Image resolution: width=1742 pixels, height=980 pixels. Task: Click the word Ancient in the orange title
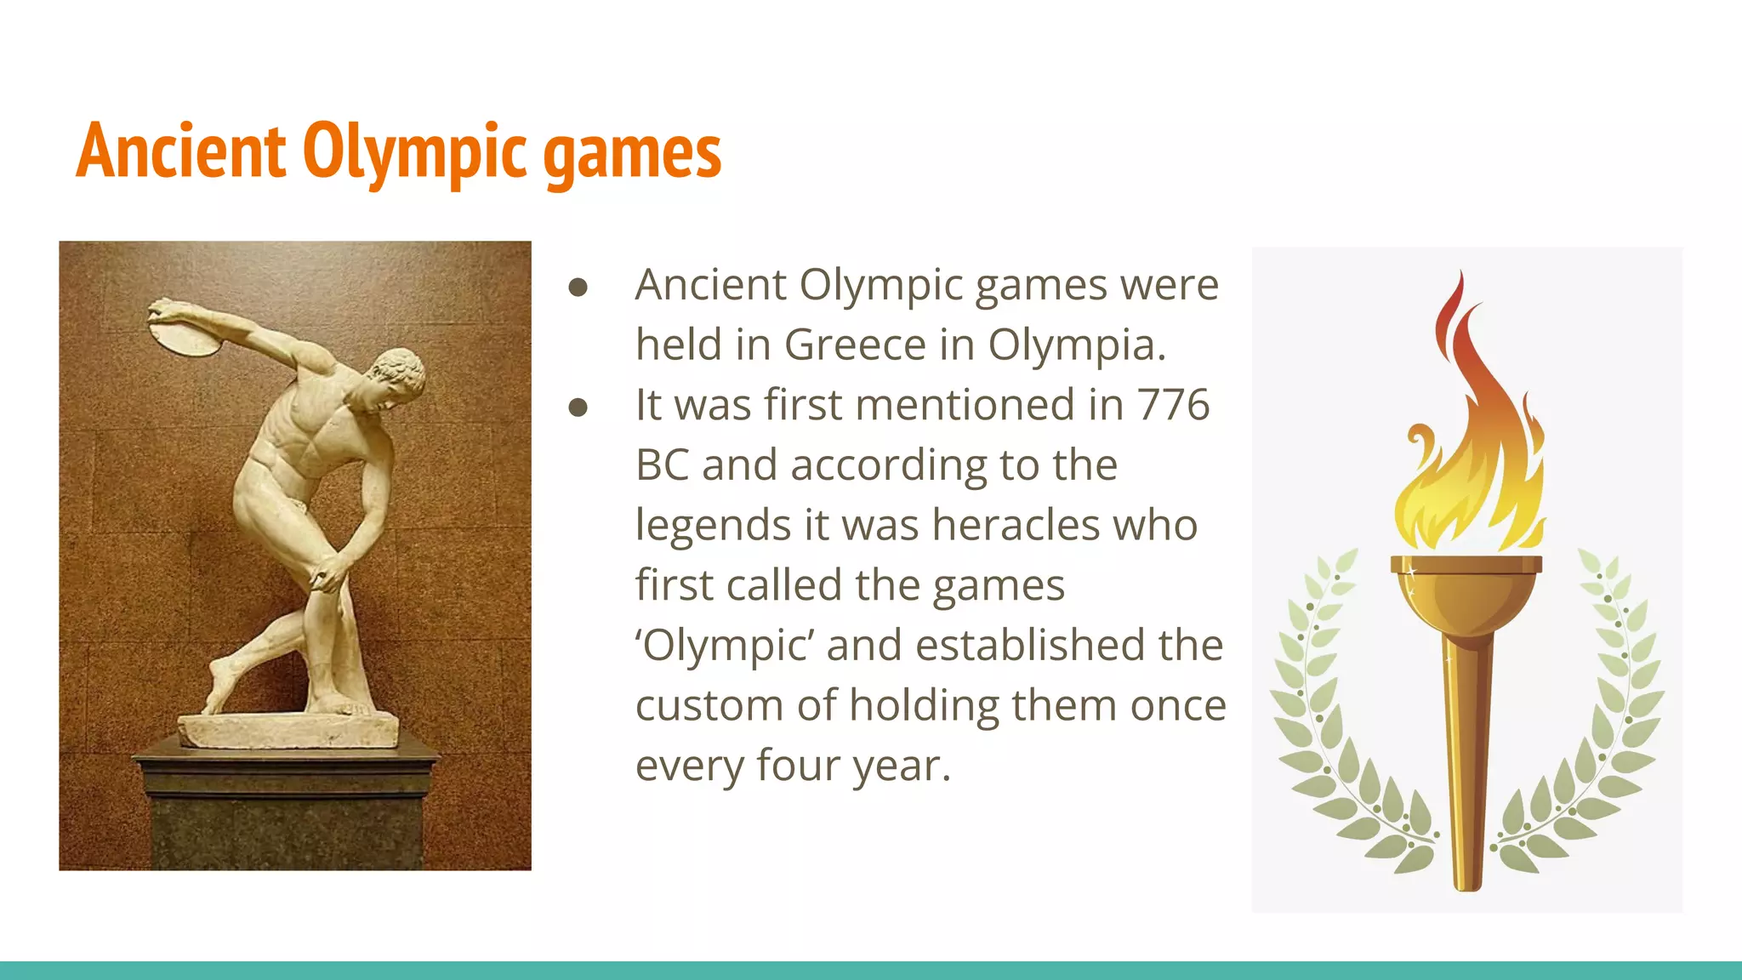click(180, 151)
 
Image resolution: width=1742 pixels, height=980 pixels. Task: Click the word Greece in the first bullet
click(854, 345)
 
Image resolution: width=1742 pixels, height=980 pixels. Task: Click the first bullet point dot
click(578, 288)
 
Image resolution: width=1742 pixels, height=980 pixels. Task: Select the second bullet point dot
click(578, 407)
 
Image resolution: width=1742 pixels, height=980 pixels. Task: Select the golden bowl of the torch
click(1466, 595)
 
